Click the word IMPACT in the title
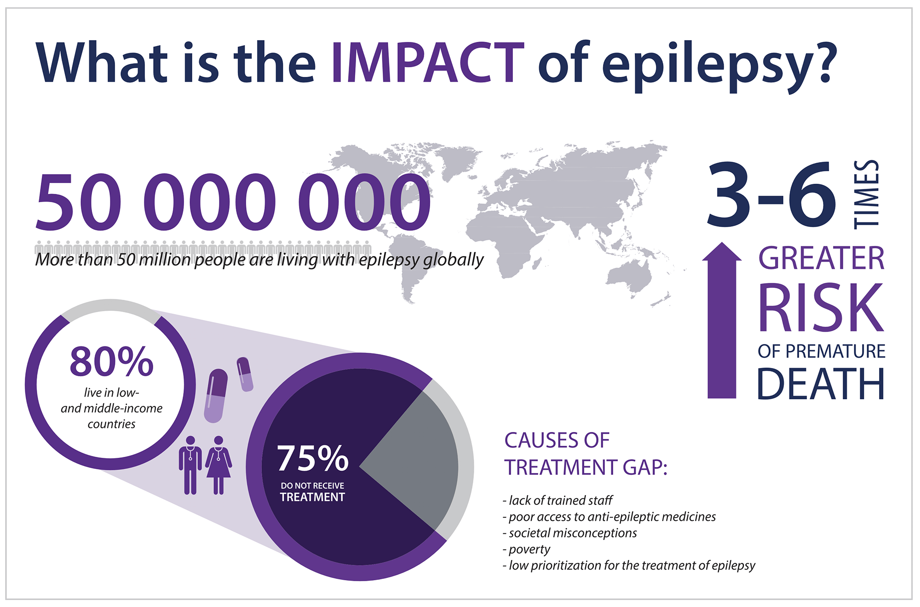click(x=427, y=63)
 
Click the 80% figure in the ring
click(x=111, y=362)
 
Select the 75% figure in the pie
click(x=313, y=458)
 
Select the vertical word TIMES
click(x=867, y=194)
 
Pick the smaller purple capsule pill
click(x=245, y=374)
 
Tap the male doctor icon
click(x=190, y=465)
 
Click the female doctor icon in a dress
click(x=218, y=465)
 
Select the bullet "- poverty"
click(x=527, y=549)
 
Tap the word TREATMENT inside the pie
click(x=312, y=497)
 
